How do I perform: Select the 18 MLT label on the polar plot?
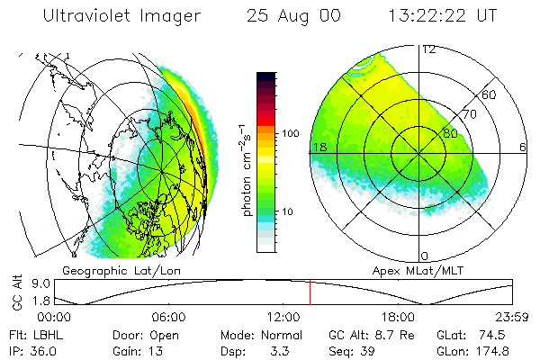coord(319,147)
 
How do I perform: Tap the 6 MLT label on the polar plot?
coord(523,147)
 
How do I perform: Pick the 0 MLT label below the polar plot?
coord(425,256)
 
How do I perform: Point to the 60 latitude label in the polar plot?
coord(490,94)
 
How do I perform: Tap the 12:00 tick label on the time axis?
coord(283,317)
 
